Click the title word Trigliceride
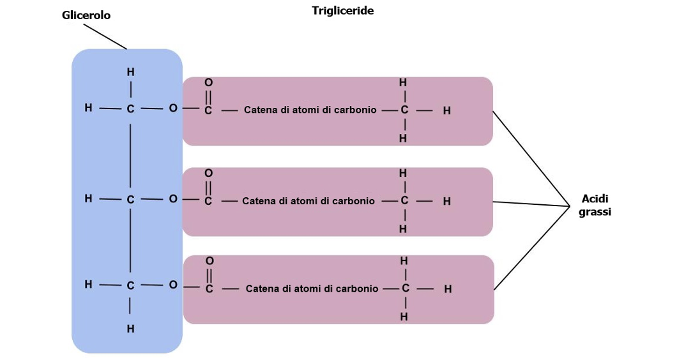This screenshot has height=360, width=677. [342, 11]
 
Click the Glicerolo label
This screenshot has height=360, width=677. [86, 15]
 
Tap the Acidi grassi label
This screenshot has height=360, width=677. [595, 205]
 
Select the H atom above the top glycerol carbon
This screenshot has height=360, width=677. [130, 73]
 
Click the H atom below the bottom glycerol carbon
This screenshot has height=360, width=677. [130, 329]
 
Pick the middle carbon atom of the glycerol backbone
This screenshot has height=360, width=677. [130, 200]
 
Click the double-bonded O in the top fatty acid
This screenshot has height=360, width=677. [208, 82]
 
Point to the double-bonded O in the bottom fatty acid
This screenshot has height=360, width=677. [209, 261]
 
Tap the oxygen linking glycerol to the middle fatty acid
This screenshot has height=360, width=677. [172, 199]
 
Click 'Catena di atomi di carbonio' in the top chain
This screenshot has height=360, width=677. [310, 110]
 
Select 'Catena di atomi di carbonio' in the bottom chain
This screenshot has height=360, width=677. [312, 289]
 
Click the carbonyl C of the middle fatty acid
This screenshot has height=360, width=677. [208, 201]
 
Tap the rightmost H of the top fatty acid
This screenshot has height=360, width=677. [446, 110]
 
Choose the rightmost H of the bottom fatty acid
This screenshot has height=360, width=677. [448, 289]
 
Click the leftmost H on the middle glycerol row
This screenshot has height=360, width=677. [88, 199]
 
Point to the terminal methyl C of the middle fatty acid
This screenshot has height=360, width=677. [404, 200]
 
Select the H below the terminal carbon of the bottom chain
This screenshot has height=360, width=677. [404, 317]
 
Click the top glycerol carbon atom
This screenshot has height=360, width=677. [130, 110]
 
